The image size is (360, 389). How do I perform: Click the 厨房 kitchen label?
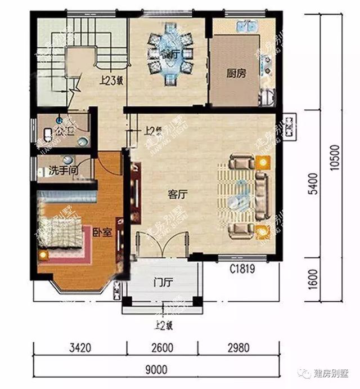pos(236,73)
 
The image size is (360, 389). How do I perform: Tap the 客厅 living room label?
pos(177,195)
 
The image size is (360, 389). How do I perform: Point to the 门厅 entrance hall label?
pos(163,282)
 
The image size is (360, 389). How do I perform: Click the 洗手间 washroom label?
pos(62,168)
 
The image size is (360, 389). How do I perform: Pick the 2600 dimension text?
pos(163,348)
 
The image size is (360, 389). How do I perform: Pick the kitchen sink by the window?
pos(246,27)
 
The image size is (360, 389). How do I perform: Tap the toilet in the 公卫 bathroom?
pos(48,133)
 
